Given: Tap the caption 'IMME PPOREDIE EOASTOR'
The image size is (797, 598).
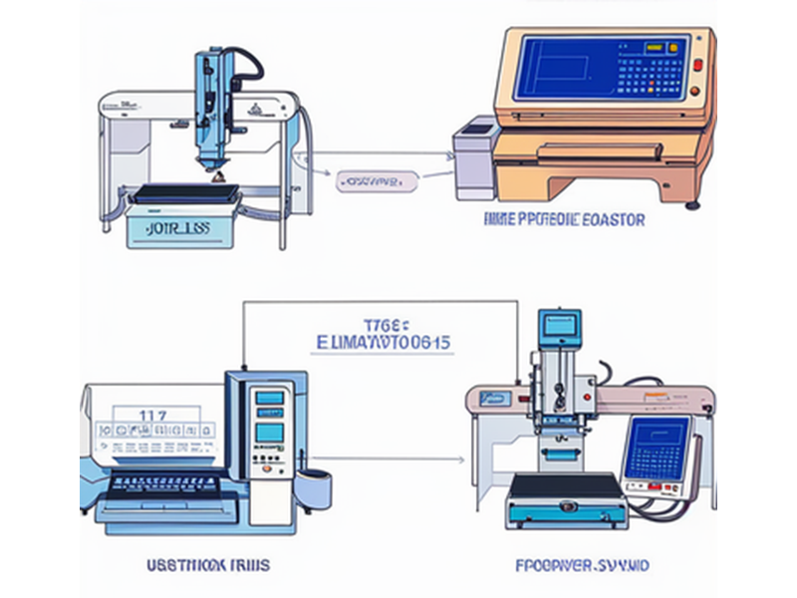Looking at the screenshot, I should (563, 218).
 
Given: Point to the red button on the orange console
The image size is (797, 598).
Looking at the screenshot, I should (696, 66).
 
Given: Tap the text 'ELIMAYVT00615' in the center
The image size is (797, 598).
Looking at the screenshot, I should (383, 342).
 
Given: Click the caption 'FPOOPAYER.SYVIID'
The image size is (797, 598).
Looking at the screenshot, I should (583, 565).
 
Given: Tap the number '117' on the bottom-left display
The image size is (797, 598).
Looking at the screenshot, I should (151, 414).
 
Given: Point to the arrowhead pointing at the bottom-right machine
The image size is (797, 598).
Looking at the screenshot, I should (460, 459).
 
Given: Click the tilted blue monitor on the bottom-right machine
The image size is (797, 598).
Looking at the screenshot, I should (657, 449).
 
